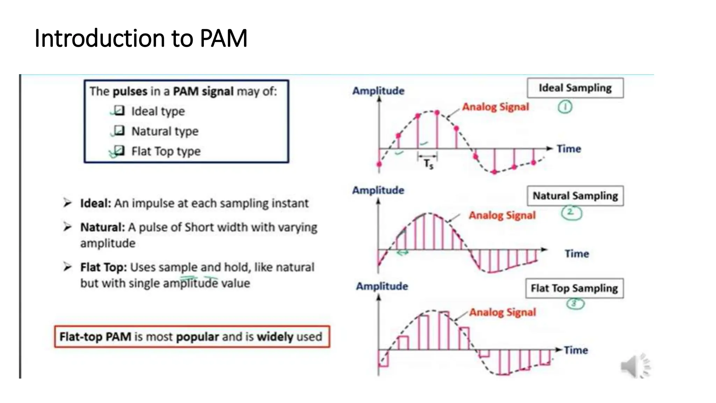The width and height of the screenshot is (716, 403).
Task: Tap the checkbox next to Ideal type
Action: [119, 111]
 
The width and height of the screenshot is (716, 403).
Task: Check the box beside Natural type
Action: [119, 130]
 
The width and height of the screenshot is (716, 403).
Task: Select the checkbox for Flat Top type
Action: [119, 150]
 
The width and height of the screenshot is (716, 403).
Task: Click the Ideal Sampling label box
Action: [575, 88]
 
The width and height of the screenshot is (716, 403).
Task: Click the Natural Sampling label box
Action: [575, 196]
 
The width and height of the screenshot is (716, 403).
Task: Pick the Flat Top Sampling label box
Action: [574, 288]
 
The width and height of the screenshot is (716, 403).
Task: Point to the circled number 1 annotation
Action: [565, 107]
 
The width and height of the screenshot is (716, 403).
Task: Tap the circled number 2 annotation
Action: [571, 212]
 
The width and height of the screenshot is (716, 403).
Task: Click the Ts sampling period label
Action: [428, 163]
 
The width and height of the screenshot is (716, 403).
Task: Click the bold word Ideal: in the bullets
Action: [95, 203]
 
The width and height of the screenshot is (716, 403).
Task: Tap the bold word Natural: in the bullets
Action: [102, 227]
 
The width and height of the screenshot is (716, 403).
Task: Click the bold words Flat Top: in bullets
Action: [103, 267]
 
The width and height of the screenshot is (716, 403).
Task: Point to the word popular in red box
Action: [197, 337]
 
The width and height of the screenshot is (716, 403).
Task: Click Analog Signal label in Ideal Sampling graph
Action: [495, 107]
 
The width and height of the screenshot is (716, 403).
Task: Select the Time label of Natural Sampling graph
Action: [577, 254]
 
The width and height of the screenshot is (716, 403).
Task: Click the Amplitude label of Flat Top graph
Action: [382, 286]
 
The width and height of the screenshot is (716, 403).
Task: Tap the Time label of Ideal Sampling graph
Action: [568, 149]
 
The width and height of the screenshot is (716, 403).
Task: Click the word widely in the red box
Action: [275, 337]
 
